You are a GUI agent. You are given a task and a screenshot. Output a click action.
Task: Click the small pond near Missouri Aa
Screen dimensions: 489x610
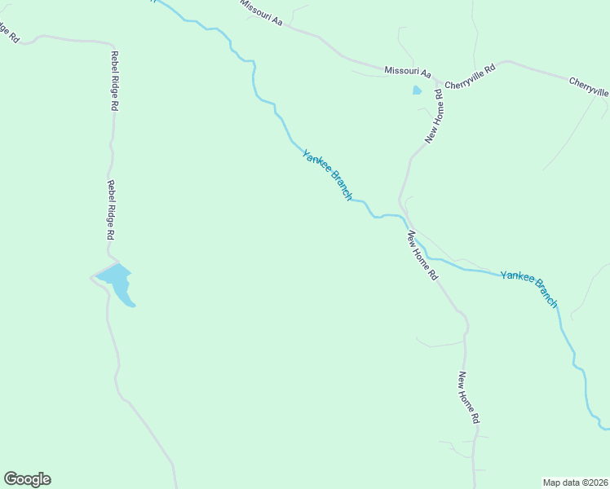tap(417, 90)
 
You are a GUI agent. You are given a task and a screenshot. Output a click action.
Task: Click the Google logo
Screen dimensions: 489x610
tap(27, 479)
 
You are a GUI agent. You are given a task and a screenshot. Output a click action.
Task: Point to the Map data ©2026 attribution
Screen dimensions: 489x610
tap(575, 482)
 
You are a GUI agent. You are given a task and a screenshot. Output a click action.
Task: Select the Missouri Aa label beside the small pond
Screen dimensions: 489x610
tap(408, 72)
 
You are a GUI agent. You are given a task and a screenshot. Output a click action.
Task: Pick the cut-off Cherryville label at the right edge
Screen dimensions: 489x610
tap(589, 87)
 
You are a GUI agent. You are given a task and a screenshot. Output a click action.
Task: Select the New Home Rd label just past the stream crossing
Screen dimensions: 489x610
tap(422, 256)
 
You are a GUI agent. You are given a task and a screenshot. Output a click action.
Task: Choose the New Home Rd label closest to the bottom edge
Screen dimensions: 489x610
tap(468, 398)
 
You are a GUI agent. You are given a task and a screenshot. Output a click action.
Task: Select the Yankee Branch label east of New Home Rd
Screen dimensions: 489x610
tap(529, 289)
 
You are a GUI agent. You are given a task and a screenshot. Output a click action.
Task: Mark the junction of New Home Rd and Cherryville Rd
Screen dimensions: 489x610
tap(443, 83)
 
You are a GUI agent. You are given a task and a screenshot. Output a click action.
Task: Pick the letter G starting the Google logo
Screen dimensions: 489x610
tap(11, 478)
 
